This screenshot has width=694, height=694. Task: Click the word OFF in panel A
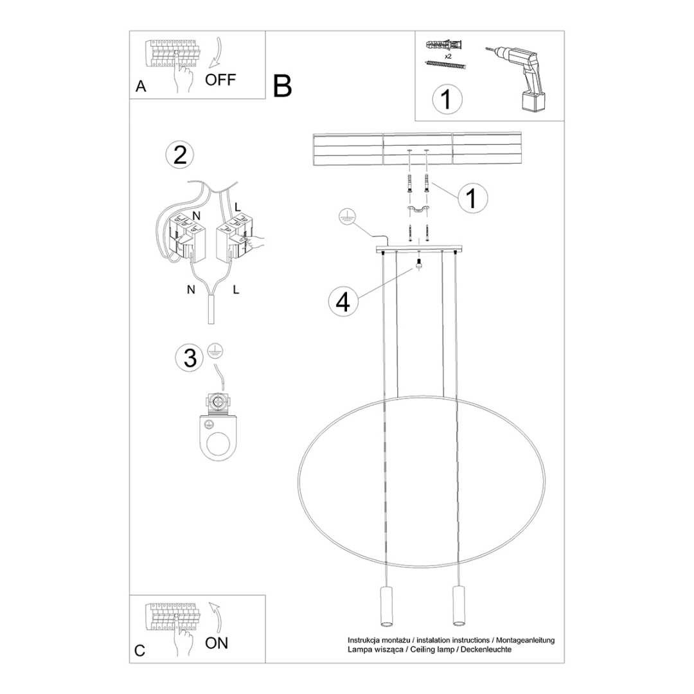coord(220,80)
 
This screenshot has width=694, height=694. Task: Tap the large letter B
coord(282,85)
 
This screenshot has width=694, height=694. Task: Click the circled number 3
coord(190,358)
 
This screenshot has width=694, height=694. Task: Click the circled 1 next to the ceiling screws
coord(472,198)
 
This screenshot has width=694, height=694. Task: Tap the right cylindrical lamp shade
coord(458,606)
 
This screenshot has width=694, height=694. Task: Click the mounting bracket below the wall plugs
coord(418,210)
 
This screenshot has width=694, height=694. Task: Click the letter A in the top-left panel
coord(141,87)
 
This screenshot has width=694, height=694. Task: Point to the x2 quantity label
coord(447,56)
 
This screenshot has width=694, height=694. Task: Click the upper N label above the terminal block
coord(197,215)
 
